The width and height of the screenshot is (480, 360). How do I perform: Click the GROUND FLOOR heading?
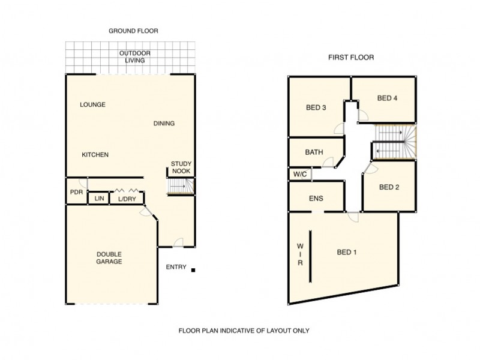133,31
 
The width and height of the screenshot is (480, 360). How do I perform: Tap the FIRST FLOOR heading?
351,58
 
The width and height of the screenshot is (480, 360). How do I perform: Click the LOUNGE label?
92,104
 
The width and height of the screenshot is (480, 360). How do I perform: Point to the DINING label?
164,124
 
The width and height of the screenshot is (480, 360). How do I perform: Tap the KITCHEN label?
95,155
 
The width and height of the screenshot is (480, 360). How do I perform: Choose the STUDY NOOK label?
181,167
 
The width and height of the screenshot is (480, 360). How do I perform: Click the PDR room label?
76,193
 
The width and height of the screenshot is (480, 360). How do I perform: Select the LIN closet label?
97,199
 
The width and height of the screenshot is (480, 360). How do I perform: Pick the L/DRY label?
127,199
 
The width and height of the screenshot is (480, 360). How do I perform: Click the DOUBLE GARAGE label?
109,258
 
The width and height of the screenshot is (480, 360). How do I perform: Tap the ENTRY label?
176,268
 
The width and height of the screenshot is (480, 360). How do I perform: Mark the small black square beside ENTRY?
193,271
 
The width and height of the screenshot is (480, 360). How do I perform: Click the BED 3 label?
316,108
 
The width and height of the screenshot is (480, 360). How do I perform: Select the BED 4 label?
388,98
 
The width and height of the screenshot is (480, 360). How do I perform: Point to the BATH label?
314,152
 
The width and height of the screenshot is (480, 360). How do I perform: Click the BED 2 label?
389,187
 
